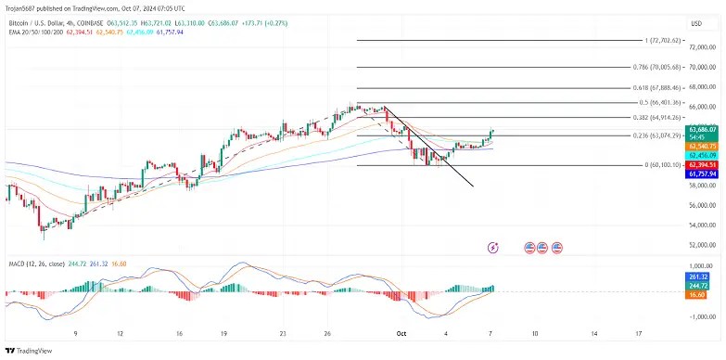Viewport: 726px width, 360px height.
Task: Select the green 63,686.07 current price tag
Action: click(701, 129)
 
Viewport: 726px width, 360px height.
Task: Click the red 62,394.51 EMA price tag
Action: click(701, 164)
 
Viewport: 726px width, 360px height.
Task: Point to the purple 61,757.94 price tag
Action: click(701, 174)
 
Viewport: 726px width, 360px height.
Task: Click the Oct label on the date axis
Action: click(401, 331)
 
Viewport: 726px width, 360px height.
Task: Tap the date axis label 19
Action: click(223, 331)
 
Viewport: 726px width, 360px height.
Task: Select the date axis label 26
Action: click(328, 331)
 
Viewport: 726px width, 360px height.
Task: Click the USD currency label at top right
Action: click(697, 21)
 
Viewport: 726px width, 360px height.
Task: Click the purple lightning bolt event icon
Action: click(493, 248)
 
